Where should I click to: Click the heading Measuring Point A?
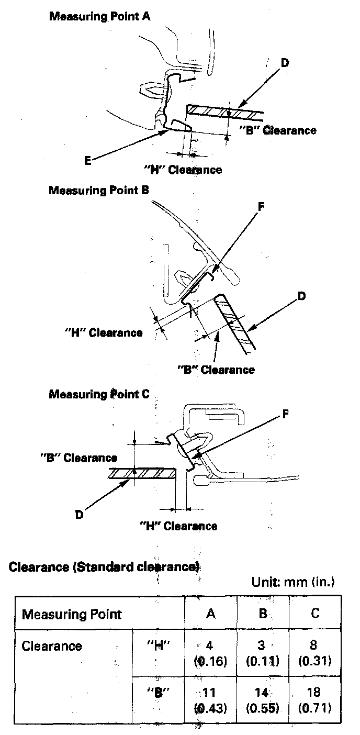pyautogui.click(x=99, y=17)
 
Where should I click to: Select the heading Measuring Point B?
pyautogui.click(x=99, y=190)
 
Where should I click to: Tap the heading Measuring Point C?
pyautogui.click(x=99, y=394)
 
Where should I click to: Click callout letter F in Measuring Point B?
pyautogui.click(x=261, y=206)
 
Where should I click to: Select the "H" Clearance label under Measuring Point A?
pyautogui.click(x=183, y=170)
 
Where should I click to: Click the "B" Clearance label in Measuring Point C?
pyautogui.click(x=78, y=458)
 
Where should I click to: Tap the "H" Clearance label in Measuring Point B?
pyautogui.click(x=103, y=332)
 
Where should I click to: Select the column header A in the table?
pyautogui.click(x=211, y=614)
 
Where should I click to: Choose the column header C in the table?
pyautogui.click(x=315, y=614)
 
